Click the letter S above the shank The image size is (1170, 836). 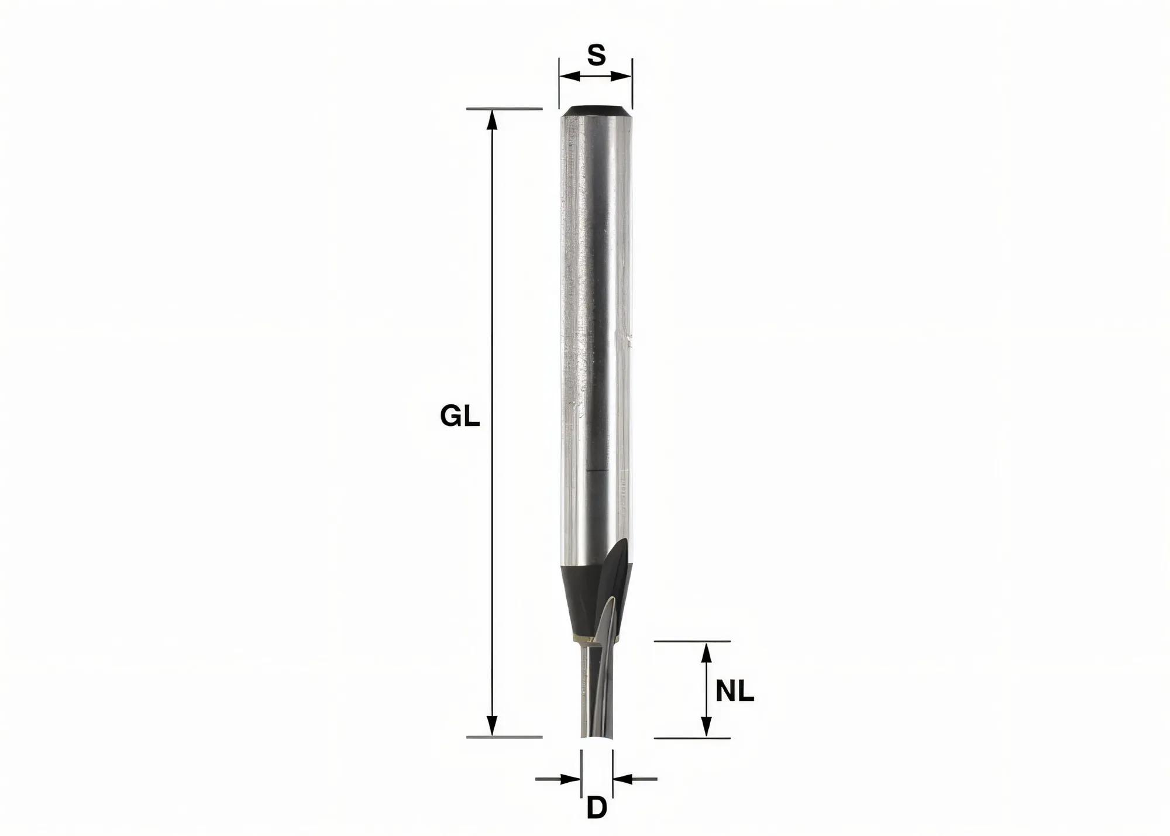click(596, 56)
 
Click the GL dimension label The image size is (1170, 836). click(460, 417)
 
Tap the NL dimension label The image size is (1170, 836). click(735, 692)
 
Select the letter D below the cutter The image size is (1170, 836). click(596, 809)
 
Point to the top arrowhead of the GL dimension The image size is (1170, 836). click(493, 119)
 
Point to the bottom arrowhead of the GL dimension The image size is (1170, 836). click(493, 726)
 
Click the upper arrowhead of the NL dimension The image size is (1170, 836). click(707, 652)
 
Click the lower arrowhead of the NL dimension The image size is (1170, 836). click(707, 727)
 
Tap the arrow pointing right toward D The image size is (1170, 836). click(570, 779)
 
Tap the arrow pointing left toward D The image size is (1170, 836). click(624, 779)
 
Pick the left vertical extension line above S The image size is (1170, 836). click(559, 82)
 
